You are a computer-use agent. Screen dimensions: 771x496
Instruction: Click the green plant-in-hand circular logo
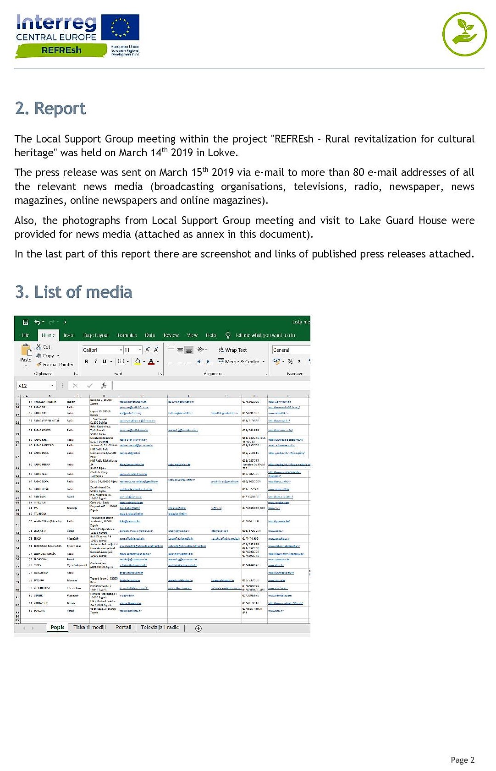[464, 34]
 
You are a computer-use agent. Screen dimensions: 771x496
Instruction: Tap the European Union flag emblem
[121, 27]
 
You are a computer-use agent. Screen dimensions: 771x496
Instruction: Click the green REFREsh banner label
[61, 50]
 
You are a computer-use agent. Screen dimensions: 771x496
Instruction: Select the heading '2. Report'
[50, 109]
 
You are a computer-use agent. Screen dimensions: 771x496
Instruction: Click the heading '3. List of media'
[74, 292]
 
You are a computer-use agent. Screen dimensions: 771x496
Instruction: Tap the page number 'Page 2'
[462, 760]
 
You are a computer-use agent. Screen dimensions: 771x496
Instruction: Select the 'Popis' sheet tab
[57, 627]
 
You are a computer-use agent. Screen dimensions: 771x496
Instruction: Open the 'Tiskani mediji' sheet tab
[89, 627]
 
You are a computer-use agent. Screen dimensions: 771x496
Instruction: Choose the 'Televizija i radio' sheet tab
[160, 627]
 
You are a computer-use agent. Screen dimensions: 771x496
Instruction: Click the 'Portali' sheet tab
[123, 627]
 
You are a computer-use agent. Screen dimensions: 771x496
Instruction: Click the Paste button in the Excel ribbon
[26, 354]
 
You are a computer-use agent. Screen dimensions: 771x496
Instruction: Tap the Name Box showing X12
[36, 385]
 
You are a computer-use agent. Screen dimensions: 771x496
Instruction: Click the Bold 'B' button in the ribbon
[86, 361]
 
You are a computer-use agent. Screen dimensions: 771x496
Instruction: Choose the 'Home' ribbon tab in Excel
[48, 335]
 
